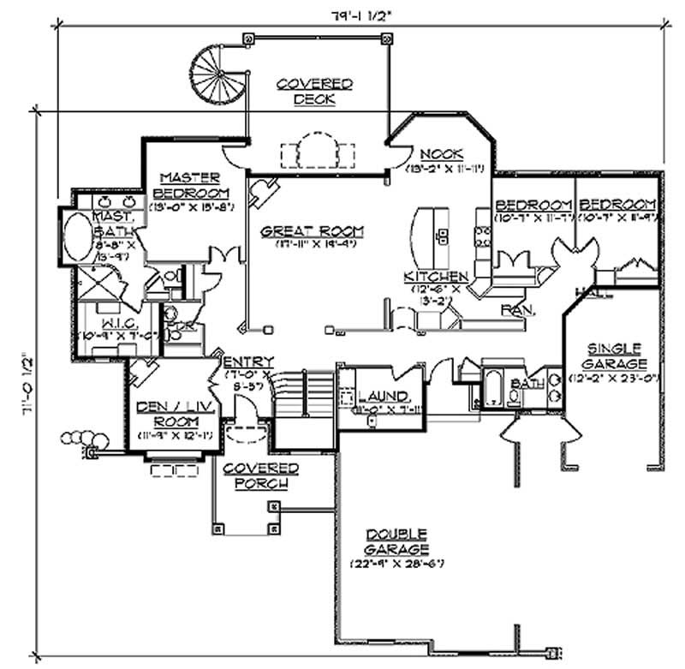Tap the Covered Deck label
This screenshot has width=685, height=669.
(x=315, y=91)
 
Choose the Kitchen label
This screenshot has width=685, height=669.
(x=436, y=277)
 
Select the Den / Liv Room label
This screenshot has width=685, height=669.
(x=175, y=413)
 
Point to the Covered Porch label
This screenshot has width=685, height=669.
(x=260, y=475)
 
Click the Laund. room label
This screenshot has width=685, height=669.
(x=384, y=396)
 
